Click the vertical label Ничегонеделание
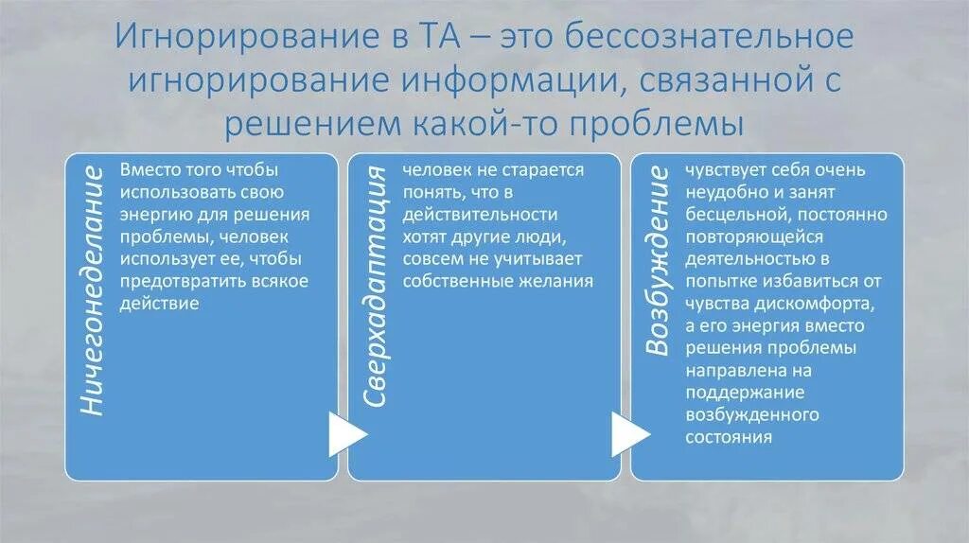coord(91,289)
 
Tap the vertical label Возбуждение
coord(658,260)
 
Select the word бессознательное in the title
coord(702,38)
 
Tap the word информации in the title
coord(506,80)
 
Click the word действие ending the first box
coord(159,303)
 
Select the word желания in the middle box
coord(558,281)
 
